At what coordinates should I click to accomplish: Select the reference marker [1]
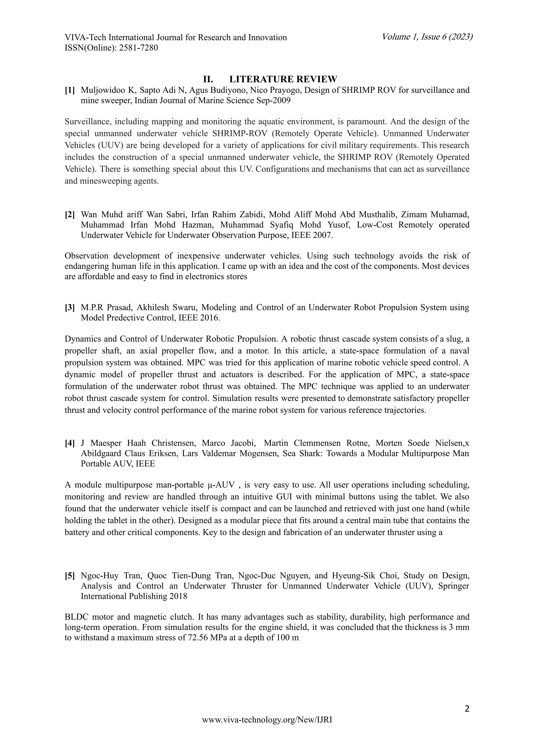coord(69,90)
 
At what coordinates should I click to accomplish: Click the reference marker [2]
coord(69,215)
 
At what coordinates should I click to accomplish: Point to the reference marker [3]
coord(69,308)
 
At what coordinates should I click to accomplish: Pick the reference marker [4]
coord(69,443)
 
